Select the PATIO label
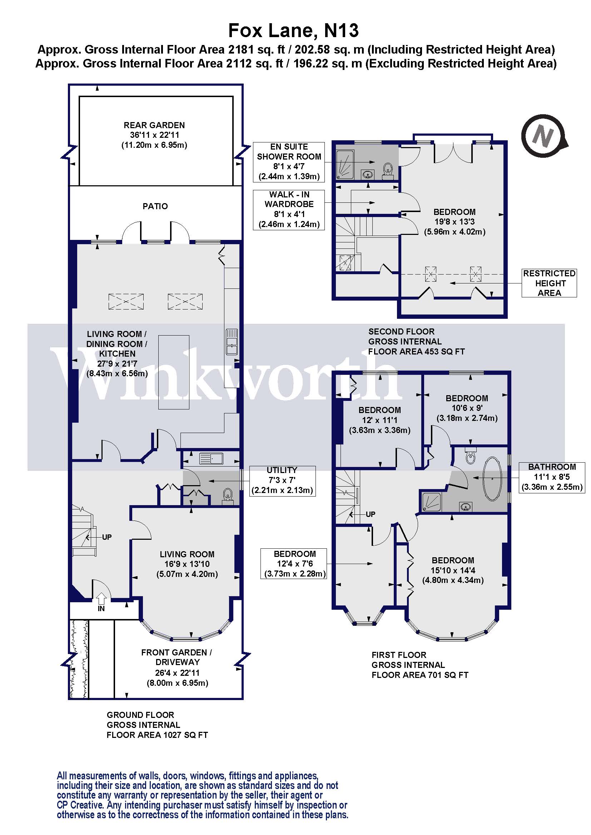[155, 206]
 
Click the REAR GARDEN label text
[154, 125]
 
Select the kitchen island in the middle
[174, 372]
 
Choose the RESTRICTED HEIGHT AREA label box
[549, 283]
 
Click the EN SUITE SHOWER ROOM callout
[289, 162]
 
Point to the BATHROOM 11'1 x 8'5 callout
[552, 477]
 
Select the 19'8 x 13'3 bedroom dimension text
[455, 222]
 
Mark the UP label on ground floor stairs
[106, 537]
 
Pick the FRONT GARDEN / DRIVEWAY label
[177, 657]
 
